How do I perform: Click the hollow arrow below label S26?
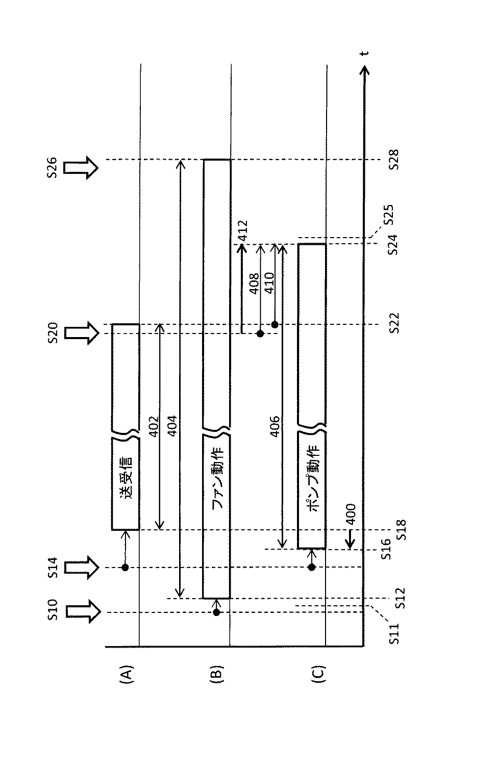[81, 167]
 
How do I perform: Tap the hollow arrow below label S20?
[81, 333]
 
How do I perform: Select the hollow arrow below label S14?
[81, 567]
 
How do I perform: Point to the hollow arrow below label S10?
[81, 611]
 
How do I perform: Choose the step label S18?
[401, 530]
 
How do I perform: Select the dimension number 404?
[172, 426]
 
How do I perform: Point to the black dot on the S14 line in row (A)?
[125, 567]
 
